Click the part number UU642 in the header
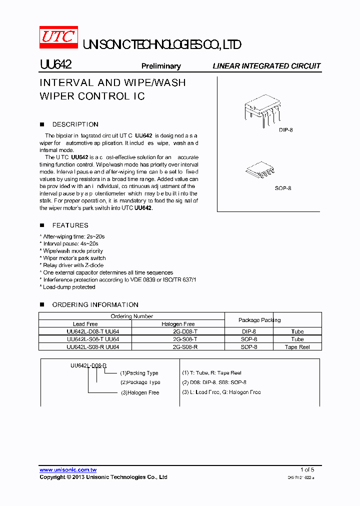click(x=55, y=65)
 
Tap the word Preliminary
click(x=161, y=66)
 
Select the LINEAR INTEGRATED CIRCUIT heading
click(x=266, y=66)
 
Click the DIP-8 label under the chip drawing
click(x=285, y=130)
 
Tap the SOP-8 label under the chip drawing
click(x=283, y=188)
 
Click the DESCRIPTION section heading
click(x=75, y=124)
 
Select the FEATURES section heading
click(x=70, y=225)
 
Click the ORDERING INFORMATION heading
click(x=95, y=304)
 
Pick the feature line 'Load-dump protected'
click(x=68, y=287)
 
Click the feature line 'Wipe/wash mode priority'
click(x=73, y=251)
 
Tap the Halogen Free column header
click(x=178, y=324)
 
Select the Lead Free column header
click(x=85, y=324)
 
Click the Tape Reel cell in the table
click(x=297, y=346)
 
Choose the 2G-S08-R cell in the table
click(x=185, y=346)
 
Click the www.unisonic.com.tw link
click(x=68, y=470)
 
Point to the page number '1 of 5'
click(x=307, y=469)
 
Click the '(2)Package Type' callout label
click(x=140, y=382)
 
